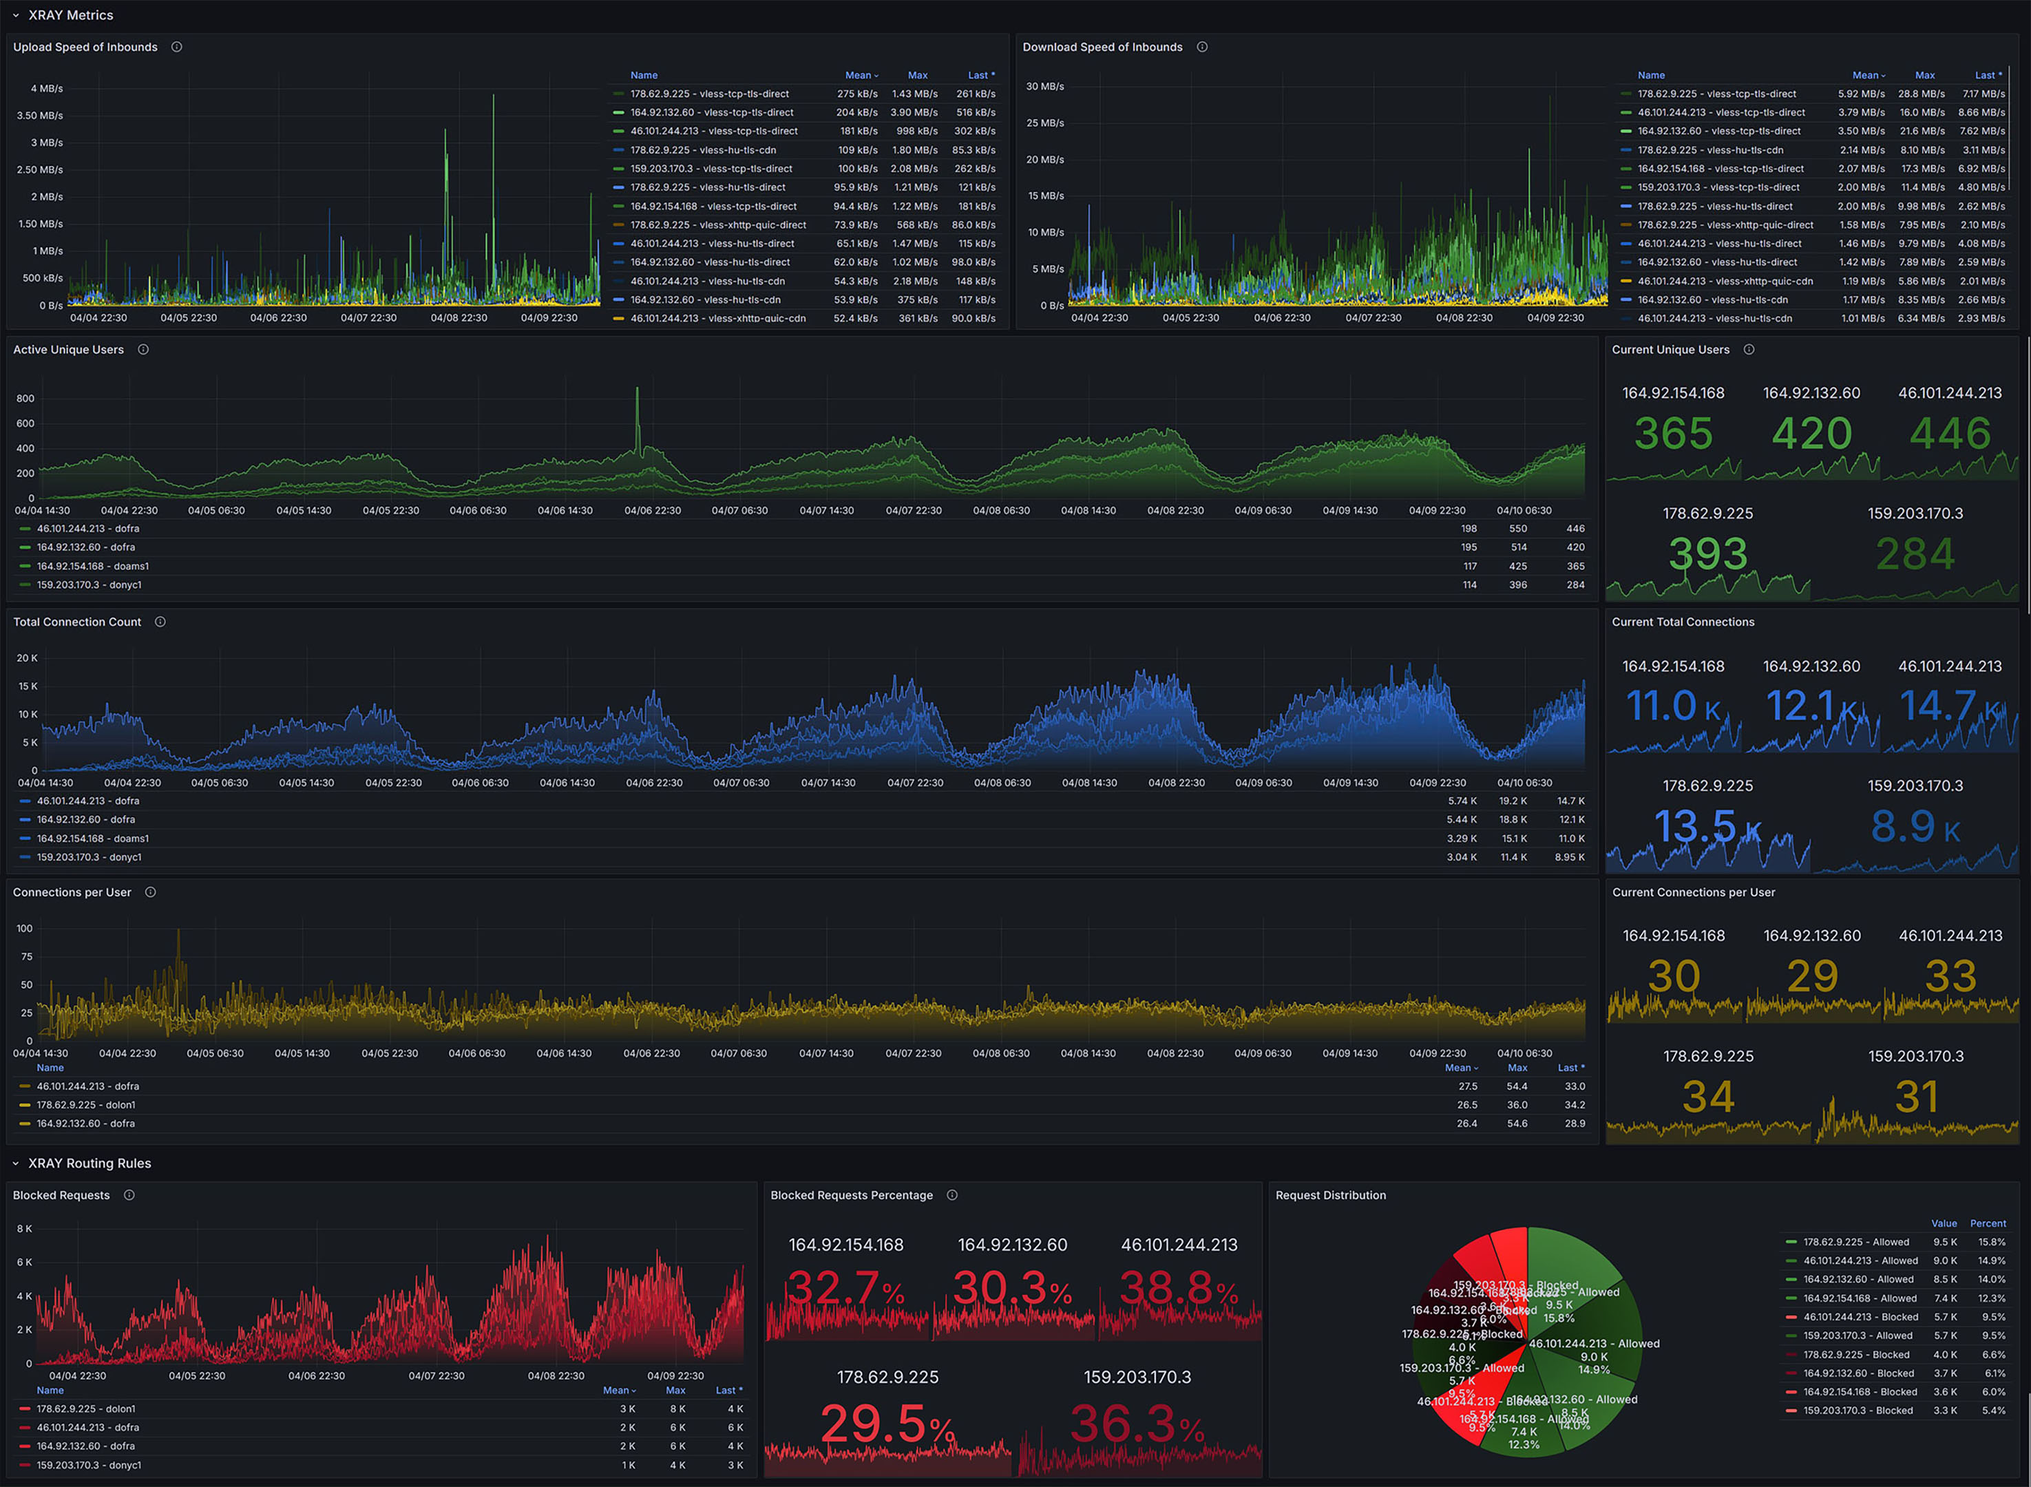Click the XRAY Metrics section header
tap(70, 15)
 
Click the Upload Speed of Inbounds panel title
tap(85, 47)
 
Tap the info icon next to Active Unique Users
tap(143, 349)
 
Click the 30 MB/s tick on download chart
tap(1044, 87)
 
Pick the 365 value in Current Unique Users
tap(1673, 434)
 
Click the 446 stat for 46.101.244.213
tap(1950, 434)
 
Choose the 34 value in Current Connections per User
tap(1708, 1097)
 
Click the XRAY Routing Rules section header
tap(89, 1163)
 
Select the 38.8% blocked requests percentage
tap(1179, 1289)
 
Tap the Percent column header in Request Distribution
tap(1987, 1223)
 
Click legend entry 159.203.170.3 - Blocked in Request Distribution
tap(1858, 1411)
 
